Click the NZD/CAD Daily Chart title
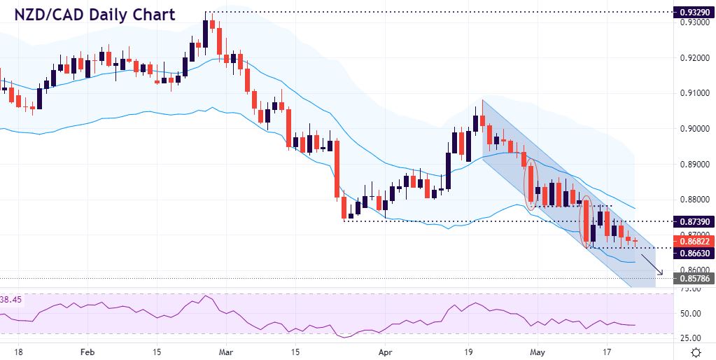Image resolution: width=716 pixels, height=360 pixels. [94, 15]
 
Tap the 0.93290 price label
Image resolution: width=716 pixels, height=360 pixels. [692, 13]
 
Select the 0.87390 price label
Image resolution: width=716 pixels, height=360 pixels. [692, 221]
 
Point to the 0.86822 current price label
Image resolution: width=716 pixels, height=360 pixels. [692, 241]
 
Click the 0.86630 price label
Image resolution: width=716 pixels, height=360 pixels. [692, 253]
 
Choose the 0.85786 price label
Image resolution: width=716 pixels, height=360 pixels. [692, 279]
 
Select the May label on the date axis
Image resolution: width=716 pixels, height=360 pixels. [537, 352]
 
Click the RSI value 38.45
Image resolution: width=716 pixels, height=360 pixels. [12, 299]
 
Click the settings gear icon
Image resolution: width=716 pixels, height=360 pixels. [696, 352]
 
